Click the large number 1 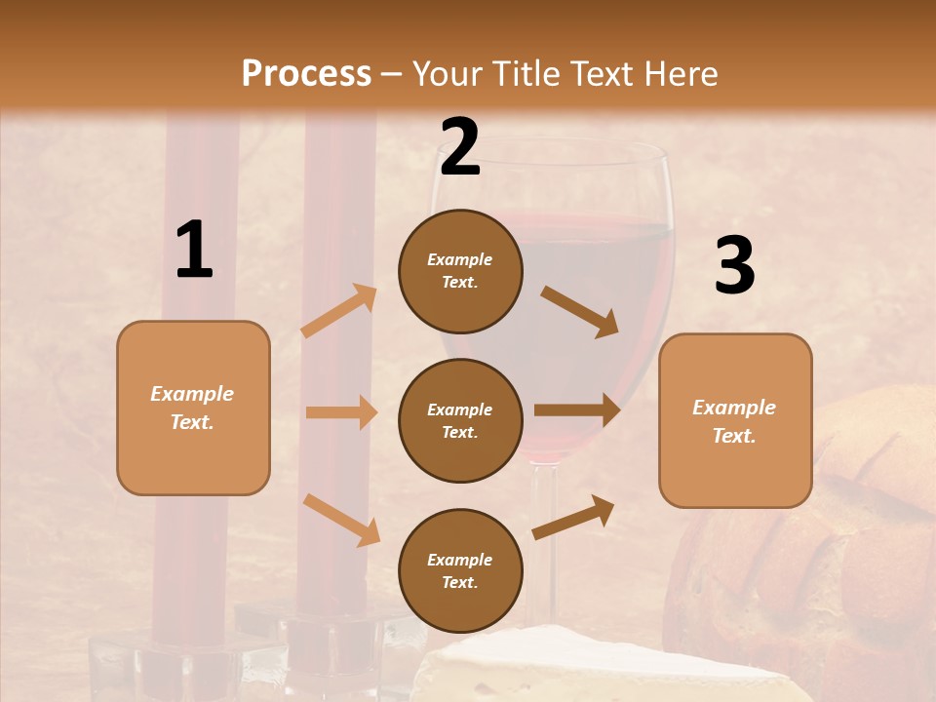tap(194, 251)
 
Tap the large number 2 tap(460, 147)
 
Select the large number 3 tap(734, 266)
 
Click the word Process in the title tap(306, 74)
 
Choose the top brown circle tap(460, 271)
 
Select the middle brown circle tap(460, 420)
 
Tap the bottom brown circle tap(460, 570)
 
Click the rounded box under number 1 tap(193, 408)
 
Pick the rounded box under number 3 tap(735, 420)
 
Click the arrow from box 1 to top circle tap(339, 311)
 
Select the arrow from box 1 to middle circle tap(341, 412)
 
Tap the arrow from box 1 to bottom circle tap(341, 520)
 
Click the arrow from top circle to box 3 tap(579, 311)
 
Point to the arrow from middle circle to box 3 tap(577, 410)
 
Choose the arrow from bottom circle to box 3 tap(573, 518)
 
